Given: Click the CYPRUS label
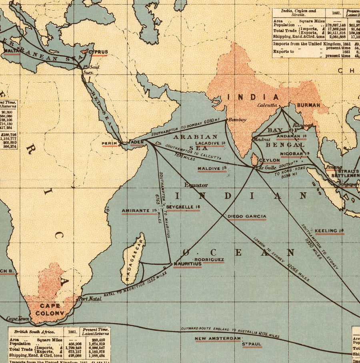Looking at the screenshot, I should (98, 52).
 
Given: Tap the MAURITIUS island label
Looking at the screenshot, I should (187, 264).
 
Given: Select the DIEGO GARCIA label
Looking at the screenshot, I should (247, 216).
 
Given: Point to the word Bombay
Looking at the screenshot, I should (237, 120).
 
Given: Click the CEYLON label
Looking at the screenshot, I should (269, 160).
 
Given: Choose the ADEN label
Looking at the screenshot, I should (137, 143).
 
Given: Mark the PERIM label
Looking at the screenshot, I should (110, 143).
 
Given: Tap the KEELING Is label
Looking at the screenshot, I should (329, 231).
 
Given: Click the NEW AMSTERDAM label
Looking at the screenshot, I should (218, 339).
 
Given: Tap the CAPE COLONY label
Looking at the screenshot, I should (50, 309).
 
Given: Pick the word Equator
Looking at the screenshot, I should (196, 185).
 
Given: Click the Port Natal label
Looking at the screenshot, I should (90, 298).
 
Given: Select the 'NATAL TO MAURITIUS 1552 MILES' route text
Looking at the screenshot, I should (135, 285).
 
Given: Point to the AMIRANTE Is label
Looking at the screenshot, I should (139, 210).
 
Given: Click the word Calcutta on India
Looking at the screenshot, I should (267, 105).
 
